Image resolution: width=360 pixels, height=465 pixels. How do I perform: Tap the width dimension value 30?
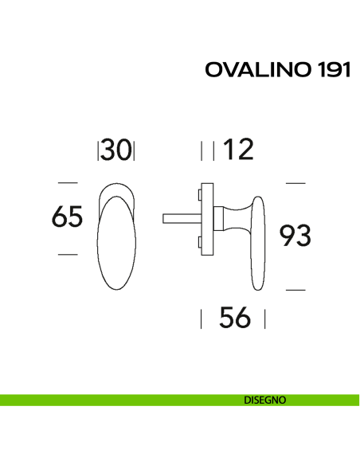click(116, 150)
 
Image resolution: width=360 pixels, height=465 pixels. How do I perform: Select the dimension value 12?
click(238, 150)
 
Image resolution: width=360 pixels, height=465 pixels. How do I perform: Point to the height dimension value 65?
click(67, 217)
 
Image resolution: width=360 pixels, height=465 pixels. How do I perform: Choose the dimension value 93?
click(295, 236)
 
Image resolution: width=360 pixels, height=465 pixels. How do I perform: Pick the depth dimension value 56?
click(234, 319)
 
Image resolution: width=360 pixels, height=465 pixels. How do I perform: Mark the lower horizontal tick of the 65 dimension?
click(68, 254)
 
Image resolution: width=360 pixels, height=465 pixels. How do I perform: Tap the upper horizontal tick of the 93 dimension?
click(295, 183)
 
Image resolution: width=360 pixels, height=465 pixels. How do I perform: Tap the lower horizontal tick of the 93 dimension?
click(295, 290)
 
